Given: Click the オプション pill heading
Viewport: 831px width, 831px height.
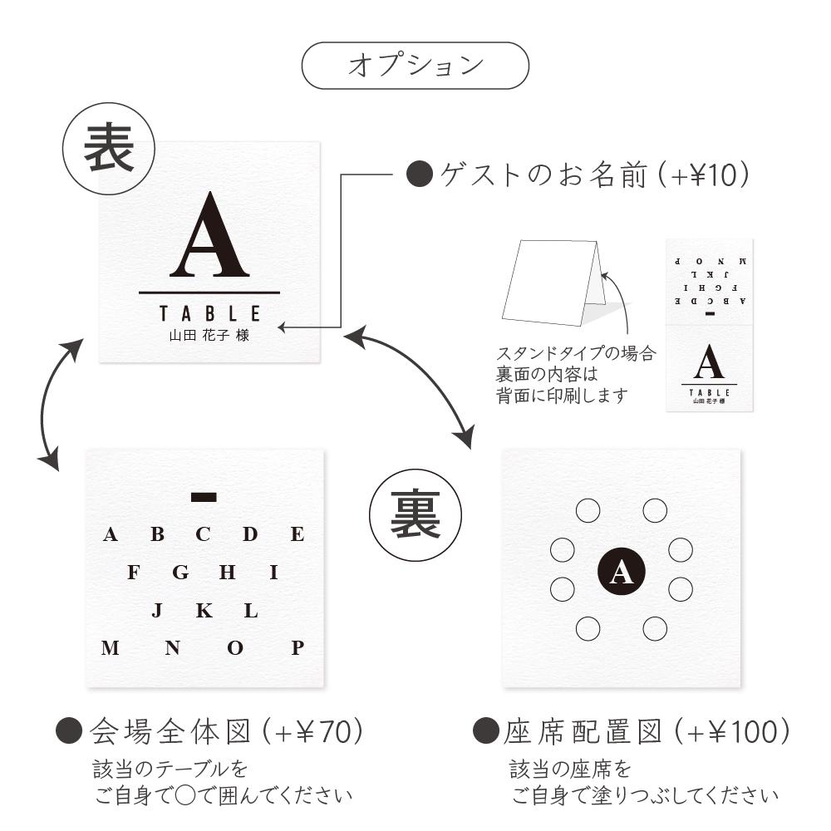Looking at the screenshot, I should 415,66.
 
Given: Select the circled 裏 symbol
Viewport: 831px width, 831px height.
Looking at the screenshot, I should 415,516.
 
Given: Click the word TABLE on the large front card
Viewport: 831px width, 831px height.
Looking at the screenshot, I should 210,314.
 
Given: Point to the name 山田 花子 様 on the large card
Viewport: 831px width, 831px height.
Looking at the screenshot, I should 209,335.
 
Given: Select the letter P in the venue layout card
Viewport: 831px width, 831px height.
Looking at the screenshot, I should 297,648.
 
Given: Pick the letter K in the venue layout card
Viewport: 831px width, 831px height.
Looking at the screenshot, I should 204,611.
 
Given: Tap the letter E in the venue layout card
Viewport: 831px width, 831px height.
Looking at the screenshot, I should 297,534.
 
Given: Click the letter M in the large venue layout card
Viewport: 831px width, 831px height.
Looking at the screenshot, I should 110,648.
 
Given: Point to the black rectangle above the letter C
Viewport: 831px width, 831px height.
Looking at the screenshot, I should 204,497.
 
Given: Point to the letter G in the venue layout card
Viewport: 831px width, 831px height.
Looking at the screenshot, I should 180,573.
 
